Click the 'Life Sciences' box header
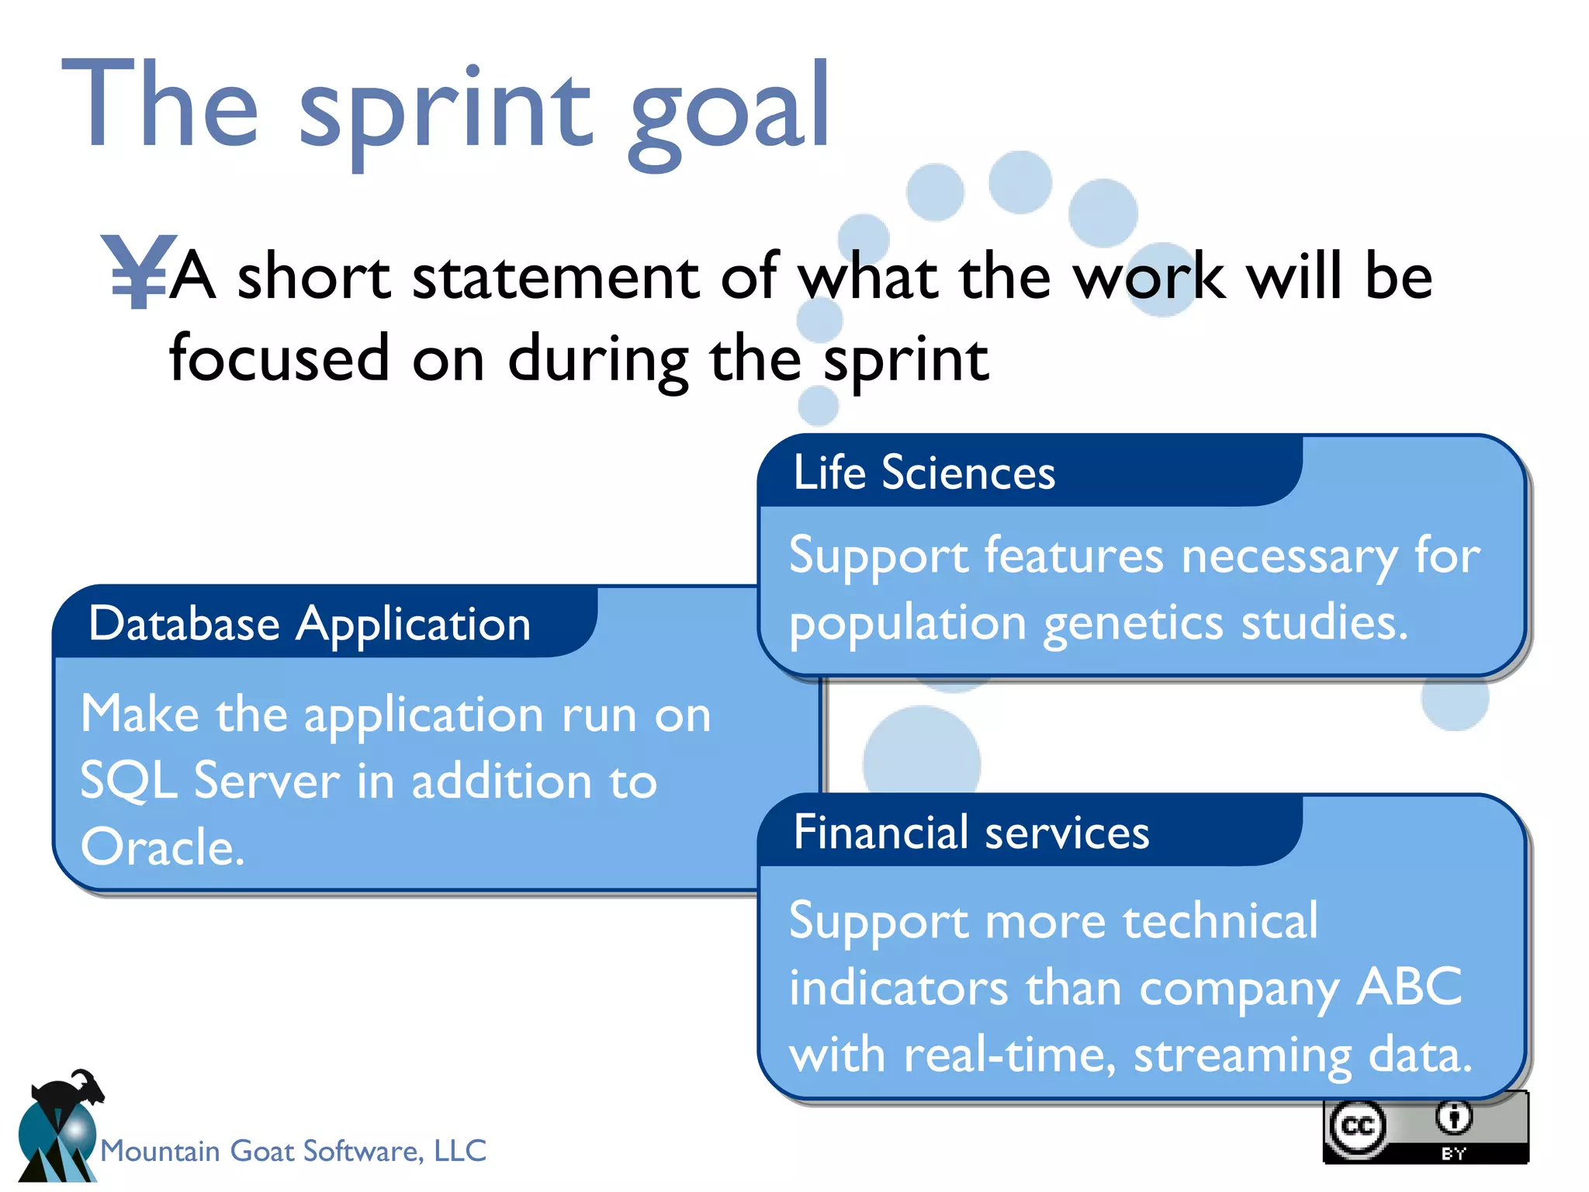(923, 473)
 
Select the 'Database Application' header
(310, 624)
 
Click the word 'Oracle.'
(163, 847)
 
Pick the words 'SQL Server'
(209, 781)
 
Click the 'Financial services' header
(971, 833)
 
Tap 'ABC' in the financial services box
(1408, 987)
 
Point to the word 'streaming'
(1242, 1055)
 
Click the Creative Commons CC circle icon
(1357, 1125)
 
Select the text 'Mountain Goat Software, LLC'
(293, 1150)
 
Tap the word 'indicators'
(898, 988)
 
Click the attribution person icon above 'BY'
(1453, 1117)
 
